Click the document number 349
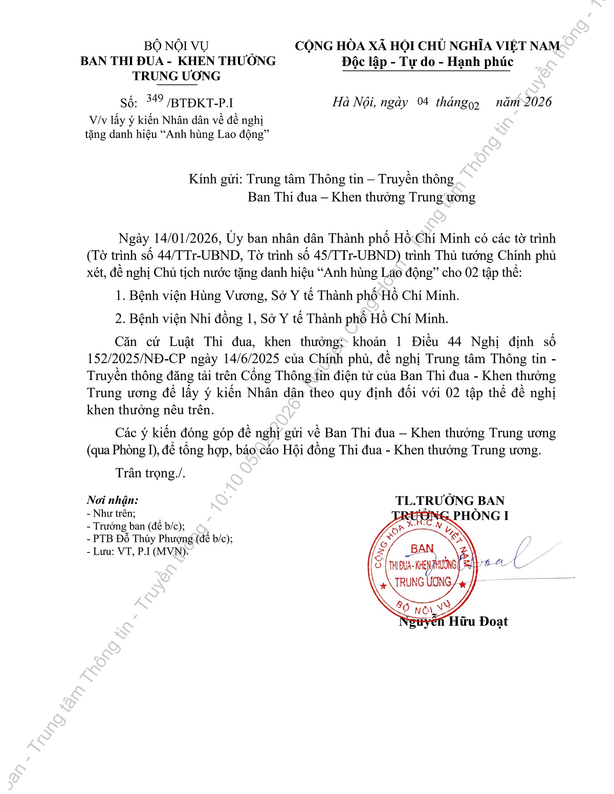point(155,98)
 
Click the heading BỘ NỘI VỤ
point(177,47)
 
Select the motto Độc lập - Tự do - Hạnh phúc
point(427,62)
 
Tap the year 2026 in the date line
point(538,102)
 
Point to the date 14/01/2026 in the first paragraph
point(187,239)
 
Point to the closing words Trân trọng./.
point(150,473)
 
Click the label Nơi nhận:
point(113,500)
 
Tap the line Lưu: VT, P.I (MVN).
point(138,552)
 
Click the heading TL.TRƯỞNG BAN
point(450,501)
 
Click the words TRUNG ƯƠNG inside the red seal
point(423,582)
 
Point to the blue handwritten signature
point(507,558)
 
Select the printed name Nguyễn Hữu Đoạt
point(453,622)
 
